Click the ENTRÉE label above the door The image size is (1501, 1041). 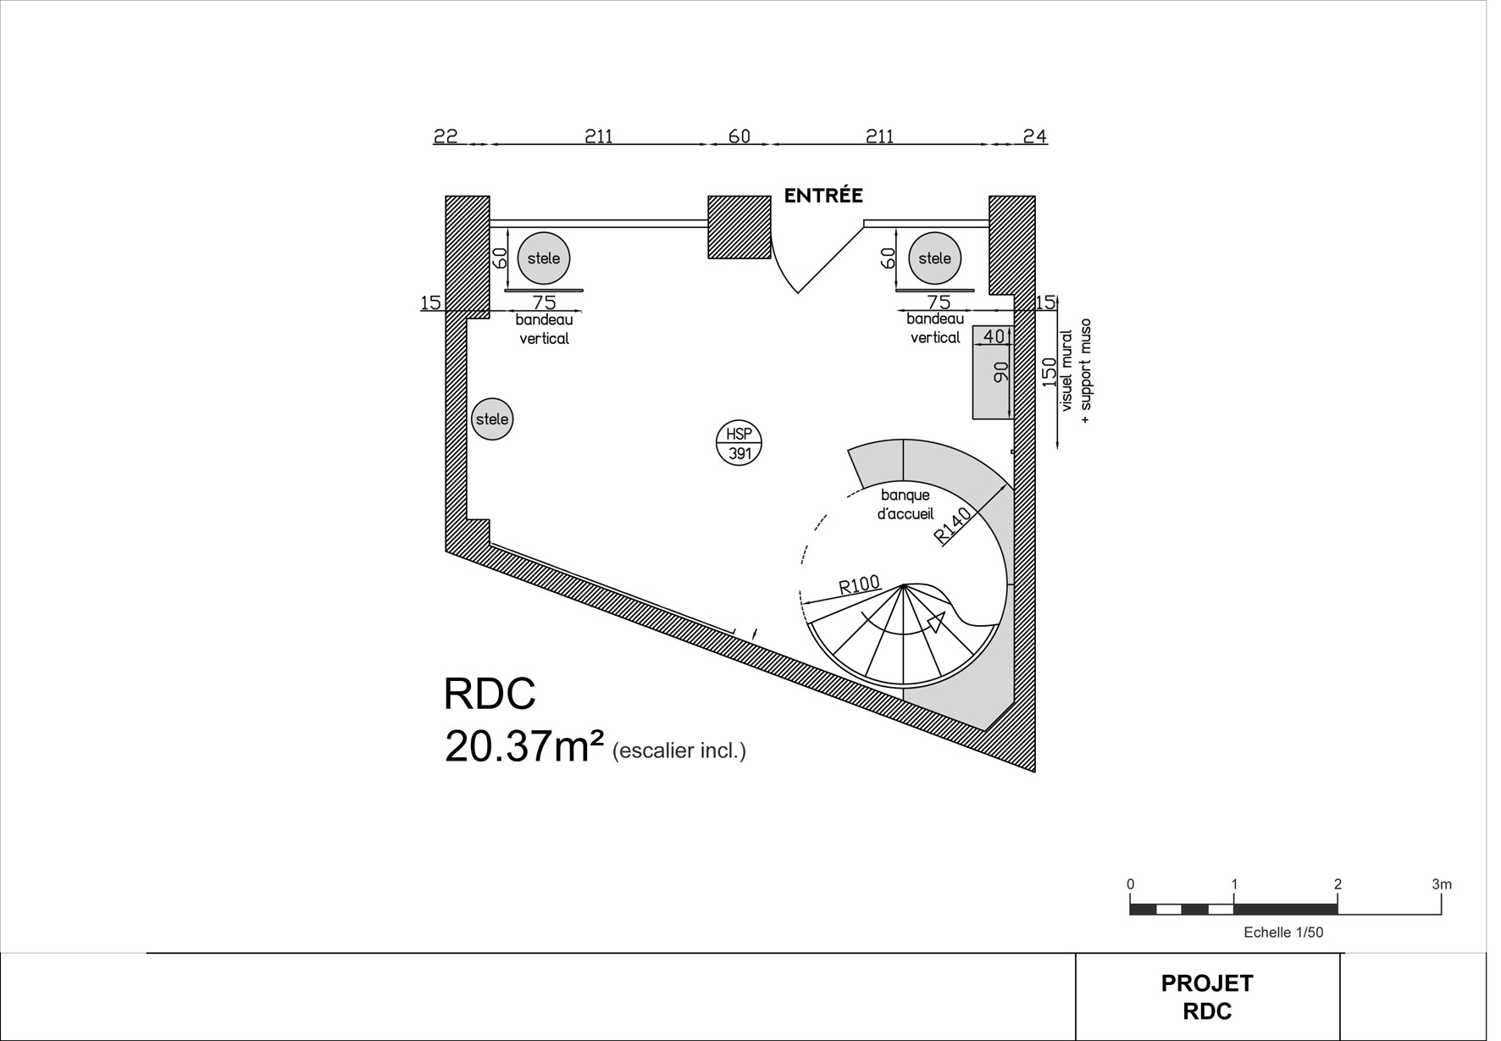point(823,196)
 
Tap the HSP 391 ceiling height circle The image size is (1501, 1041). point(739,443)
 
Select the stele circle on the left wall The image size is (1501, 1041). point(492,419)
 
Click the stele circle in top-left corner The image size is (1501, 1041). point(543,258)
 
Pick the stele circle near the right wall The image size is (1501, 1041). point(934,258)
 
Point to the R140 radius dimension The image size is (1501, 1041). point(953,526)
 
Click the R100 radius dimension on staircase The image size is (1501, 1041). point(859,584)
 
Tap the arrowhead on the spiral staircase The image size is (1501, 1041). point(936,623)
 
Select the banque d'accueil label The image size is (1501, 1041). point(905,504)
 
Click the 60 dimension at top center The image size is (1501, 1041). point(739,136)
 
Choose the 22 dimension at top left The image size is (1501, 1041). point(446,136)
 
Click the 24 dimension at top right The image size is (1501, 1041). point(1034,136)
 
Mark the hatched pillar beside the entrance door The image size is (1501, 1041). point(739,227)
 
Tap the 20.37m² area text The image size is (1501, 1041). point(523,746)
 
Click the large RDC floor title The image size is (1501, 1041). point(490,694)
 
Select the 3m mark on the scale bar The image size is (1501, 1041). point(1441,884)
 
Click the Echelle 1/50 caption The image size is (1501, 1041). point(1282,933)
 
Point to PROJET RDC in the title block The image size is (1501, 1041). point(1206,997)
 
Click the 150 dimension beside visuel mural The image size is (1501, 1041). point(1050,373)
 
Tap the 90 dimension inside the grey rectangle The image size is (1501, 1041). point(1000,372)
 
